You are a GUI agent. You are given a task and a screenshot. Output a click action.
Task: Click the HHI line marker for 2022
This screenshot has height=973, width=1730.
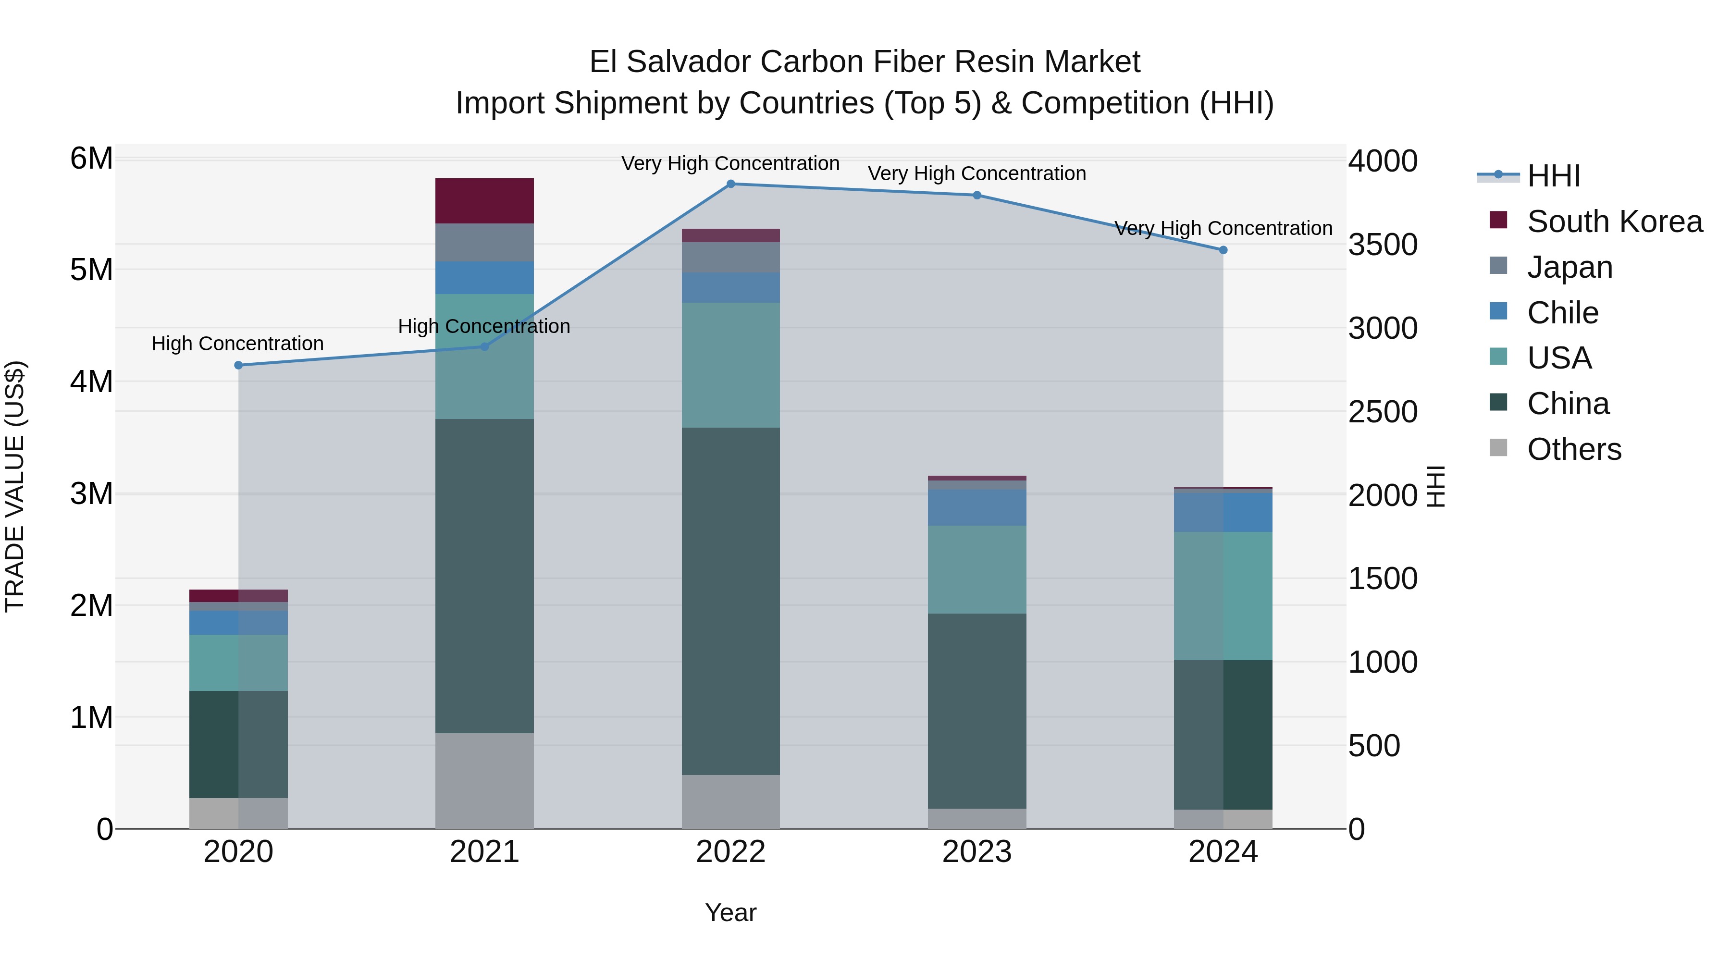click(730, 184)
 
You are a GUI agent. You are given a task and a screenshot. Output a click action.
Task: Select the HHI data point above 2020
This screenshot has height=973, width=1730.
click(238, 365)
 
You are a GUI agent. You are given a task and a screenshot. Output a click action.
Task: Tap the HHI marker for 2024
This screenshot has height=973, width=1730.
click(1223, 250)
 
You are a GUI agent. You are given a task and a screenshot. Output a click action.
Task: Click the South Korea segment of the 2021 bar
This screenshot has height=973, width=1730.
click(484, 201)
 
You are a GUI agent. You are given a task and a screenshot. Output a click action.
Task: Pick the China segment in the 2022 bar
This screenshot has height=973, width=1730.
click(730, 601)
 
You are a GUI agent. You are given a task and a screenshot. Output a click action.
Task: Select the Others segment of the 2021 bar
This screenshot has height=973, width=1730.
click(484, 780)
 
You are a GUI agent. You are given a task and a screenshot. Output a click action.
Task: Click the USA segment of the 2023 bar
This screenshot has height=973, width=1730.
click(976, 569)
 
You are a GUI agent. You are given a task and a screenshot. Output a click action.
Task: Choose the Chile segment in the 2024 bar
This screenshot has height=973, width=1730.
click(1223, 512)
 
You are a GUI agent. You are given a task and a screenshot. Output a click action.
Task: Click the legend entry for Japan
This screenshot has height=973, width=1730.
click(1569, 267)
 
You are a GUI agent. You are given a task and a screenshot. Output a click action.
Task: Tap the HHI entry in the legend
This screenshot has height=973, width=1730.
click(1553, 176)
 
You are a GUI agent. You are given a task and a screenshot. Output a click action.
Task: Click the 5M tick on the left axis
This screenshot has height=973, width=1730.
click(91, 270)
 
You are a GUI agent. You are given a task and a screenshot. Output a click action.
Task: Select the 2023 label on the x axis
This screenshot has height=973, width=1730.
click(976, 852)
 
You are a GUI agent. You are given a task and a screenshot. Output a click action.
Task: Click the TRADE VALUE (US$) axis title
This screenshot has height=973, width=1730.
click(15, 486)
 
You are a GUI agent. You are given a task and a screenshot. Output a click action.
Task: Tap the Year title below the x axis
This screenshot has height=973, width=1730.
click(730, 912)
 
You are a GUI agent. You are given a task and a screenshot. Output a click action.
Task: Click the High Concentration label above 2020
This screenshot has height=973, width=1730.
click(238, 344)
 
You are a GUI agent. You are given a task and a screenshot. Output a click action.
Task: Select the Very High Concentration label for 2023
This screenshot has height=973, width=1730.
click(976, 173)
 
